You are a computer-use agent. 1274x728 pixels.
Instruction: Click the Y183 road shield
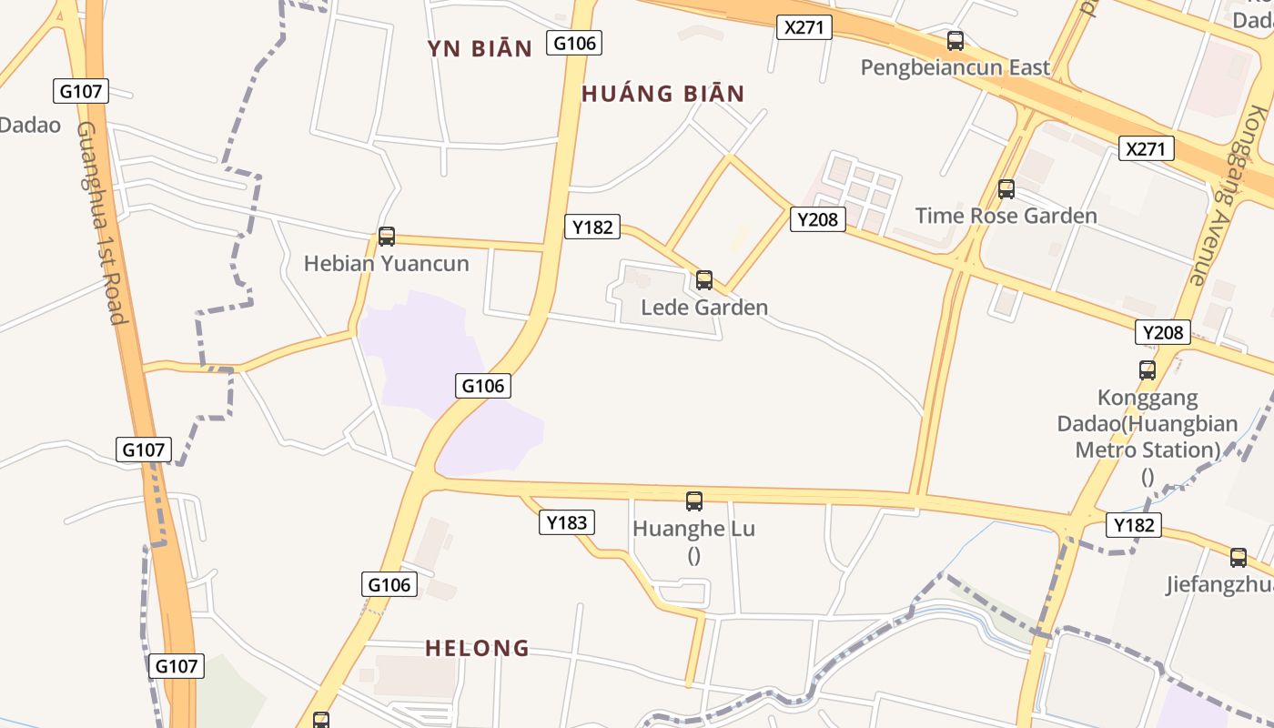pos(567,522)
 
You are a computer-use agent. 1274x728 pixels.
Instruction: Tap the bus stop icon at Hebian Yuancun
pos(387,237)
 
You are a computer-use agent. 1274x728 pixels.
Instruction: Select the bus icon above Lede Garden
pos(704,280)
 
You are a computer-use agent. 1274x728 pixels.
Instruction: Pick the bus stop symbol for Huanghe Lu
pos(694,500)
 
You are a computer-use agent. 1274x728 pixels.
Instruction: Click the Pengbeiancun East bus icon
pos(955,41)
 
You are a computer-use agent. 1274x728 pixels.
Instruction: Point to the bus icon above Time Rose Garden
pos(1006,189)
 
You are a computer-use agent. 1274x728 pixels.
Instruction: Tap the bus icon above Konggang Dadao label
pos(1148,370)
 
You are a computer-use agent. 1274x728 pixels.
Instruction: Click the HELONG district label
pos(478,648)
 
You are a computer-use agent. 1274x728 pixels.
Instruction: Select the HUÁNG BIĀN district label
pos(663,93)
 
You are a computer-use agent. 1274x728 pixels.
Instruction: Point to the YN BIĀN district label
pos(480,49)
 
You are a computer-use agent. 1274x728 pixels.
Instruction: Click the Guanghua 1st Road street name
pos(100,223)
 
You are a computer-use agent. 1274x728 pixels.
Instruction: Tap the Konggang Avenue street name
pos(1229,196)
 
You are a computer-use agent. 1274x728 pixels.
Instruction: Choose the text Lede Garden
pos(704,308)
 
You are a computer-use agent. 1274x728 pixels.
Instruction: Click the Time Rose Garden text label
pos(1006,216)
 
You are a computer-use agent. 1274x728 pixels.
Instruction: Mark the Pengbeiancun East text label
pos(955,67)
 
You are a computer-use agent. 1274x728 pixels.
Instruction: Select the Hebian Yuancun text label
pos(387,264)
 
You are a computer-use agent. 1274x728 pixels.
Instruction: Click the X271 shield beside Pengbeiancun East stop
pos(804,27)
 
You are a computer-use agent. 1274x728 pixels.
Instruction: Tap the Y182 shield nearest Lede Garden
pos(592,227)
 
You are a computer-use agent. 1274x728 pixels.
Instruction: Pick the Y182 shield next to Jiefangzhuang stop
pos(1134,524)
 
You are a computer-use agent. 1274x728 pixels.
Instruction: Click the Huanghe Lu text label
pos(694,529)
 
